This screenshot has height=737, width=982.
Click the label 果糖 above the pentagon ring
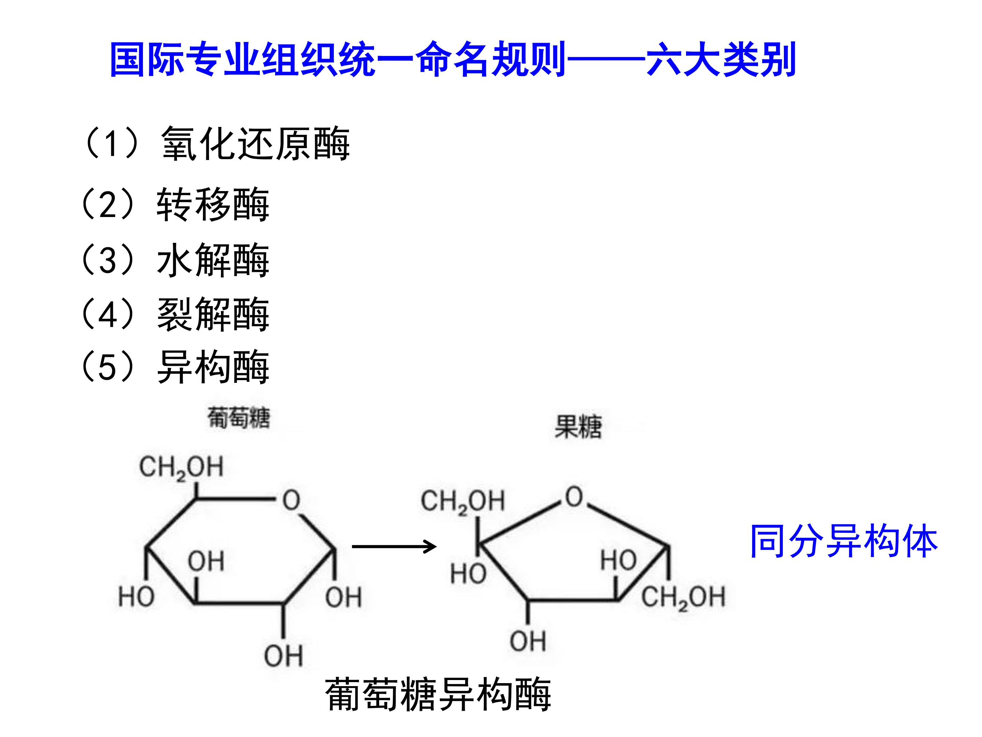tap(578, 427)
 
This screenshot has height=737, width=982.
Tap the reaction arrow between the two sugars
tap(394, 546)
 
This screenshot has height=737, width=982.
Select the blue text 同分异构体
tap(844, 541)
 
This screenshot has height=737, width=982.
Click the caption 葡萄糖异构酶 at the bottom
tap(438, 694)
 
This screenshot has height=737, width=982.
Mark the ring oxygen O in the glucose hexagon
tap(291, 500)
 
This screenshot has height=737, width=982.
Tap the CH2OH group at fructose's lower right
tap(683, 597)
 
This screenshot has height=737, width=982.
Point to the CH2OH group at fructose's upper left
tap(463, 502)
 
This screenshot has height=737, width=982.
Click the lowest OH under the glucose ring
tap(283, 656)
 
